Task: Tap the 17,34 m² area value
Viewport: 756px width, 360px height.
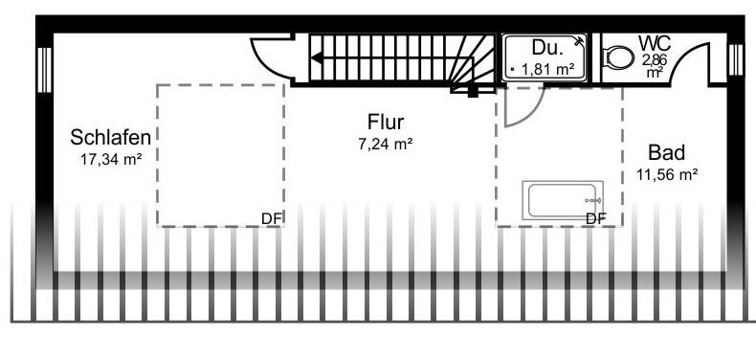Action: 111,159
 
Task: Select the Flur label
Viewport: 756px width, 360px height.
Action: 386,122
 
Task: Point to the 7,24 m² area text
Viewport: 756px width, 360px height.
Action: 386,144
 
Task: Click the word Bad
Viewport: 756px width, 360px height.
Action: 666,152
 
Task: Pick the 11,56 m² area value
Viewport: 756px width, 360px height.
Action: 666,174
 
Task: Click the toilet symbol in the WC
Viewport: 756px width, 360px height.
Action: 619,59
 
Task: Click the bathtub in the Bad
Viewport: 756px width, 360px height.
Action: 563,201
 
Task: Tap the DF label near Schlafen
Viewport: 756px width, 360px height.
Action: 272,217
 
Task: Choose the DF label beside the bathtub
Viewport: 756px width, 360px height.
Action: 596,217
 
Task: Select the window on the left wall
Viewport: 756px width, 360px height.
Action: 42,68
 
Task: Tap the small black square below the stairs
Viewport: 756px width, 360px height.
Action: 472,93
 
